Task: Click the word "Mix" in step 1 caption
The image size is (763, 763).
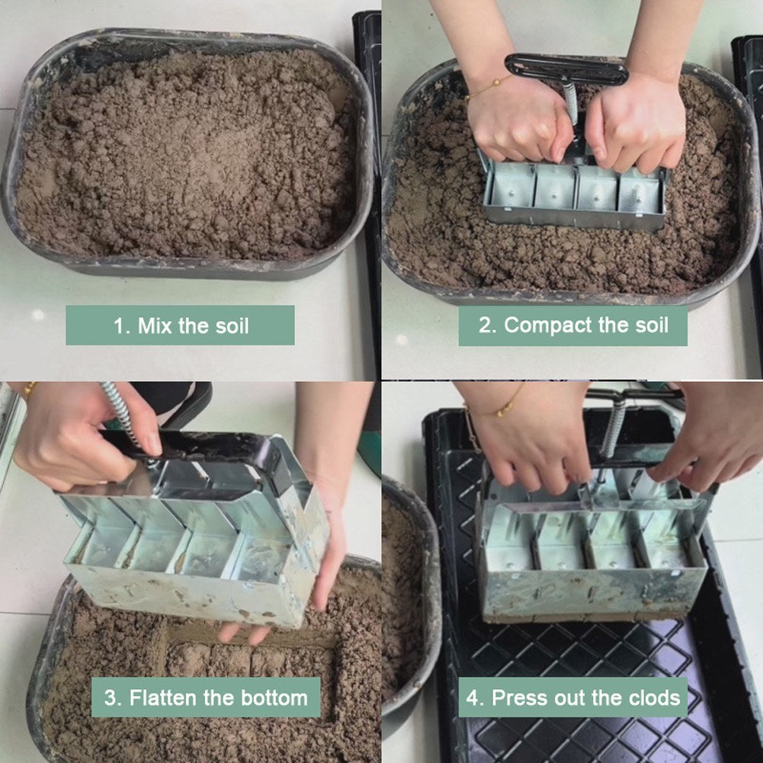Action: click(155, 326)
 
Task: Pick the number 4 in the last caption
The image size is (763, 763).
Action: click(473, 697)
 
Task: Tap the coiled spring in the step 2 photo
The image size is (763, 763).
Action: click(571, 103)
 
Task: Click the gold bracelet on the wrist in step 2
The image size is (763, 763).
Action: click(488, 88)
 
